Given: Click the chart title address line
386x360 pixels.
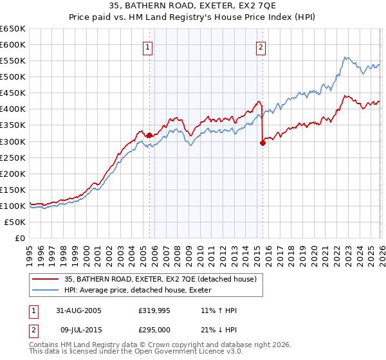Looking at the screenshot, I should pos(193,7).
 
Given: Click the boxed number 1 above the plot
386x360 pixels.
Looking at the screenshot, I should pos(149,46).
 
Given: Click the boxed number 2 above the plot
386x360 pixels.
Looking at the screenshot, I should pos(261,46).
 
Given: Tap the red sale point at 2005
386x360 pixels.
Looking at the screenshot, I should pos(150,135).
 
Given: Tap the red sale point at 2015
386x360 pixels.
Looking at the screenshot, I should pos(262,143).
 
